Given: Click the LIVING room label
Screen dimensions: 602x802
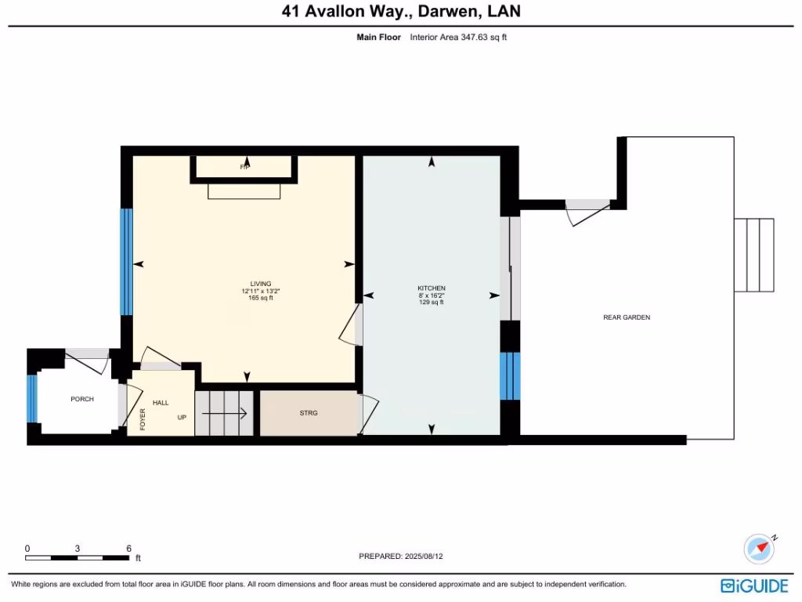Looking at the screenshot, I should coord(261,284).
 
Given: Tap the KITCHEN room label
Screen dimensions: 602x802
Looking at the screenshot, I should coord(431,288).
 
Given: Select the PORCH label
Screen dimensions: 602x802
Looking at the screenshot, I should coord(82,399).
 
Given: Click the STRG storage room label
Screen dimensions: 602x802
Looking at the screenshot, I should coord(309,412).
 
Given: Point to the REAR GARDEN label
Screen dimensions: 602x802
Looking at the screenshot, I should coord(627,317).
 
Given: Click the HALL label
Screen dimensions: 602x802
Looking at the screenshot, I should coord(161,402).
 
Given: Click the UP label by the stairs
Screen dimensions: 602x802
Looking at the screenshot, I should coord(182,417).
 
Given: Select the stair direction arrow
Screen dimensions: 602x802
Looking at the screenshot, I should coord(231,413).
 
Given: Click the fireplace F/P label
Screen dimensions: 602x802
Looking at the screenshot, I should coord(244,167).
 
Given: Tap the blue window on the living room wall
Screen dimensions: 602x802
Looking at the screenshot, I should coord(126,262).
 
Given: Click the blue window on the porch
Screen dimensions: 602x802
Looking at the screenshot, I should coord(32,399).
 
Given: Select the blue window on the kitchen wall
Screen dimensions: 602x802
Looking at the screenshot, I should coord(510,375).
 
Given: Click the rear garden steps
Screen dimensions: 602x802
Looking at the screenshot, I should coord(754,255).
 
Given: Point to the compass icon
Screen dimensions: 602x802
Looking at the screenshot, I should coord(759,549).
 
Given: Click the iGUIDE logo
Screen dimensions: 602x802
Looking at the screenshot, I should coord(756,586).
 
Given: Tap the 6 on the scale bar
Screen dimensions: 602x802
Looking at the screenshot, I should coord(128,549).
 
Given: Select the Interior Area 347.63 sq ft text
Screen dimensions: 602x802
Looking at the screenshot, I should coord(458,37).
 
